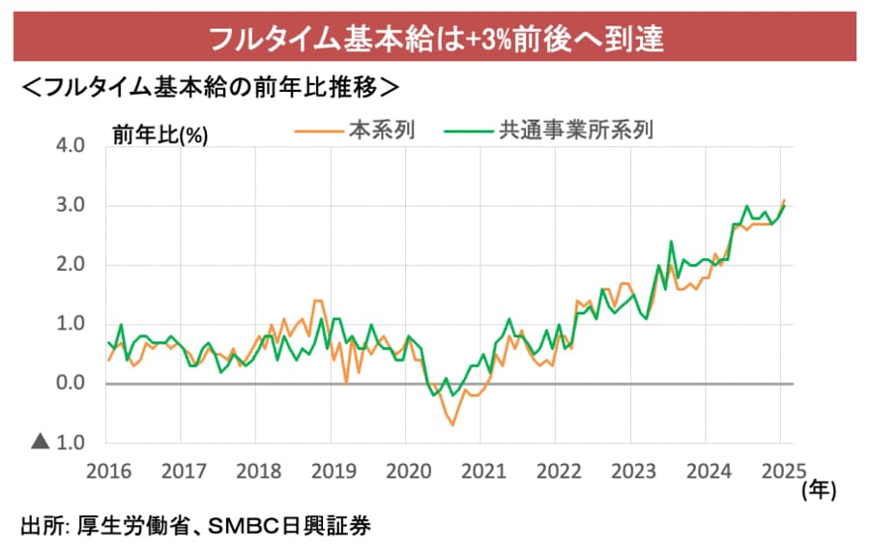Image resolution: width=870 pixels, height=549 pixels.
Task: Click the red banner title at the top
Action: pyautogui.click(x=435, y=39)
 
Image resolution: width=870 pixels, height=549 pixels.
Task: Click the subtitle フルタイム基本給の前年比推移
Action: pyautogui.click(x=209, y=87)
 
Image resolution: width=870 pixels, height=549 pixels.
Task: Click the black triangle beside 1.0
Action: pyautogui.click(x=41, y=443)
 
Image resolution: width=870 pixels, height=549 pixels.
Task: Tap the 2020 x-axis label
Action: pyautogui.click(x=406, y=472)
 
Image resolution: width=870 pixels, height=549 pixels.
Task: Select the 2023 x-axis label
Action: pyautogui.click(x=630, y=472)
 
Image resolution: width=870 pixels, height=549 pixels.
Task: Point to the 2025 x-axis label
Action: pyautogui.click(x=780, y=472)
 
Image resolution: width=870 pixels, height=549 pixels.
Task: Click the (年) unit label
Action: pyautogui.click(x=819, y=490)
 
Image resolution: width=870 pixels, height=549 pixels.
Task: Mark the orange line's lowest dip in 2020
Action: pyautogui.click(x=452, y=424)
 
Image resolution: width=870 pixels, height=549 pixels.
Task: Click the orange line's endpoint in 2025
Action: pyautogui.click(x=784, y=200)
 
